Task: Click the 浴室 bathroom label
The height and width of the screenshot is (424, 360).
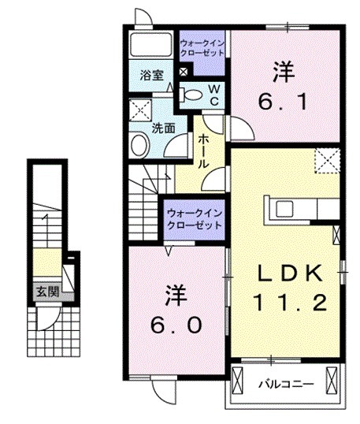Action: [152, 76]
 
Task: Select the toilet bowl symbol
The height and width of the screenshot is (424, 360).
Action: [191, 95]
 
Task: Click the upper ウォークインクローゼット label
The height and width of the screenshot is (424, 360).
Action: [202, 47]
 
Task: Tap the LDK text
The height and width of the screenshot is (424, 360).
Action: [288, 273]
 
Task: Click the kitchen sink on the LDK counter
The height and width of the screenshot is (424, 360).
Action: [283, 209]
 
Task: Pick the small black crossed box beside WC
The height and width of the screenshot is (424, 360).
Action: [183, 73]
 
